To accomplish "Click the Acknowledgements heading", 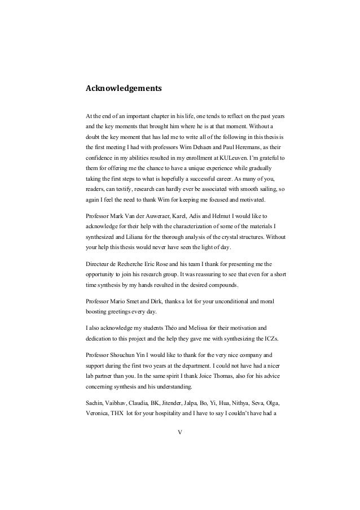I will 124,89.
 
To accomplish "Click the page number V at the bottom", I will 179,433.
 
